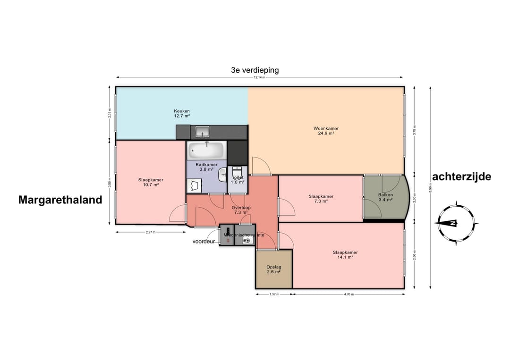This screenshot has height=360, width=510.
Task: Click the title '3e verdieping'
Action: (x=255, y=70)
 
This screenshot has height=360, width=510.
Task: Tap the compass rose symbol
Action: (x=457, y=223)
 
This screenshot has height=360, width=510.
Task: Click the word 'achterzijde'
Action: (x=461, y=177)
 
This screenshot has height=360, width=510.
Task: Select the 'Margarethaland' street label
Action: (x=60, y=200)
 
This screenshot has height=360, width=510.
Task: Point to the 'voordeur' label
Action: (x=204, y=241)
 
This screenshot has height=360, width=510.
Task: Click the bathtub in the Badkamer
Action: (x=206, y=151)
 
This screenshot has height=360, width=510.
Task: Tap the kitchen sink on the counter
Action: (x=203, y=131)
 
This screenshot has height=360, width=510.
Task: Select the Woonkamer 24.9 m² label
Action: (x=326, y=131)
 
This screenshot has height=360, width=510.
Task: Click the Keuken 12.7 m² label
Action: (x=181, y=113)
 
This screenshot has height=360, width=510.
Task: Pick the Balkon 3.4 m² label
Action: (x=385, y=197)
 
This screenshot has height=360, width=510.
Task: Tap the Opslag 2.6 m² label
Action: (x=274, y=269)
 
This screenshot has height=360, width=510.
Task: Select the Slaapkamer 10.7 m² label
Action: (x=151, y=182)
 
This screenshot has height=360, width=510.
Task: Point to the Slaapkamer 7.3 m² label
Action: (x=321, y=199)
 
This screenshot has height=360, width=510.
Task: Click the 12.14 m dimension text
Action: (x=259, y=77)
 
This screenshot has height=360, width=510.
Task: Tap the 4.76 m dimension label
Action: (x=348, y=294)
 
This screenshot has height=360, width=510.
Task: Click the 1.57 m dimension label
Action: (x=274, y=294)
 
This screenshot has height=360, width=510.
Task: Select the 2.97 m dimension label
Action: (x=150, y=232)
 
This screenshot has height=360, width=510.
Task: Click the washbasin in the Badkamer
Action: (x=222, y=176)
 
